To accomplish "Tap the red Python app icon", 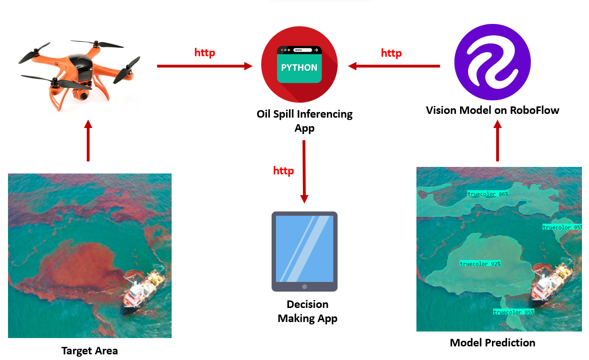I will tap(299, 64).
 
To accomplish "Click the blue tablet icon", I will tap(304, 251).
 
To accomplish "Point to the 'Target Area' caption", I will tap(90, 351).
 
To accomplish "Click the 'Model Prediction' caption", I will tap(492, 343).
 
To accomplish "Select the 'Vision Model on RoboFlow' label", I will tap(492, 111).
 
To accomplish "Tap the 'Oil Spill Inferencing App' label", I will tap(304, 120).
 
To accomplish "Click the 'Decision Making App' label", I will tap(307, 311).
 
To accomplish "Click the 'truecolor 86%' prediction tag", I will tap(488, 194).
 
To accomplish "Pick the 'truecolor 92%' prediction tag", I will tap(480, 264).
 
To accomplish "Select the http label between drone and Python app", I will tap(204, 52).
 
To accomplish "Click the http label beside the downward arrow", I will tap(283, 171).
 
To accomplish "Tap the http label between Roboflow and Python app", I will tap(391, 53).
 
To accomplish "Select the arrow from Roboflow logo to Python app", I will tap(394, 66).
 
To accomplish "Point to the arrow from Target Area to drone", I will tap(88, 141).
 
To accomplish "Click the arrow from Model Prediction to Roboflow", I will tap(498, 141).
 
